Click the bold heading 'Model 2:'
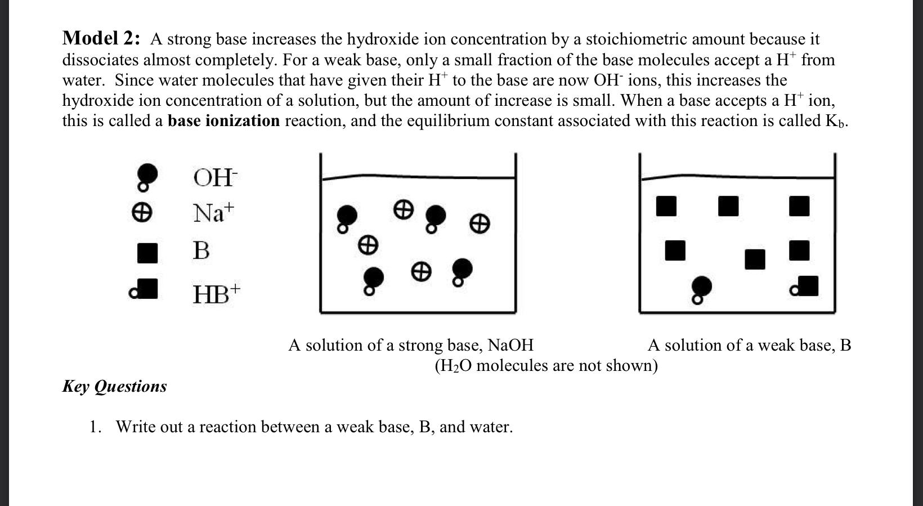(101, 39)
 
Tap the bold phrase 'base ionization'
(223, 121)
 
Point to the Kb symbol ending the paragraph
(836, 122)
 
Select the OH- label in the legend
(216, 178)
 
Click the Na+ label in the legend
(213, 213)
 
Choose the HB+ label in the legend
(216, 294)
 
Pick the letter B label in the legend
(201, 250)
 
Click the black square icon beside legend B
(147, 253)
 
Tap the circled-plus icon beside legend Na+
(141, 213)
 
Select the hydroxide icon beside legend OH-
(146, 175)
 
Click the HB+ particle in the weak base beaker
(805, 286)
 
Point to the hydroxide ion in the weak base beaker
(700, 288)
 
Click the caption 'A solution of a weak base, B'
(749, 345)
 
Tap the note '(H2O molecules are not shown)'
(546, 366)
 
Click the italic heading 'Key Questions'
(114, 387)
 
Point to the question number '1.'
(95, 427)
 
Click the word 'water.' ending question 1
(491, 427)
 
